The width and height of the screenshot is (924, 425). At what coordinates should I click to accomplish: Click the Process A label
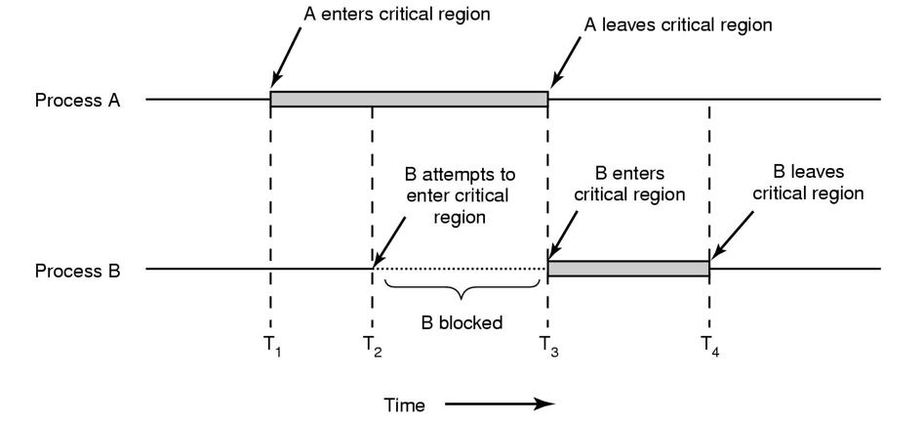click(77, 100)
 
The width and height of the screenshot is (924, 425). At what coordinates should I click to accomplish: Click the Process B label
click(77, 270)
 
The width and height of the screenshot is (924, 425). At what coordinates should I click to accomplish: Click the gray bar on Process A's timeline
click(409, 99)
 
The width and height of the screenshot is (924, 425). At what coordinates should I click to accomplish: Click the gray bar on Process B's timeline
click(628, 269)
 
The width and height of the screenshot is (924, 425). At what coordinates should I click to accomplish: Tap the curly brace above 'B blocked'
click(462, 290)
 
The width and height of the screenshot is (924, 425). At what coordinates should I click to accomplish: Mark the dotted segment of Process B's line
click(459, 269)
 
